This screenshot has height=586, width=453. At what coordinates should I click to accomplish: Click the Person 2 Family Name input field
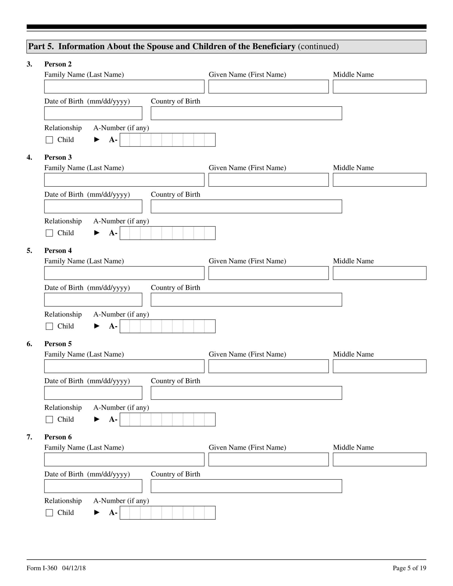click(x=124, y=86)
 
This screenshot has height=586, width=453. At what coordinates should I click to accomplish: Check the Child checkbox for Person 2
click(x=49, y=140)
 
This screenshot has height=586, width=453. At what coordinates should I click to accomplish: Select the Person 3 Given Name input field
click(x=268, y=180)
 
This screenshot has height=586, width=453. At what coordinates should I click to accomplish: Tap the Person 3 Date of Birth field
click(x=93, y=206)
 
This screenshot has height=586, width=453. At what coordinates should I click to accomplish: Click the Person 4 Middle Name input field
click(x=379, y=273)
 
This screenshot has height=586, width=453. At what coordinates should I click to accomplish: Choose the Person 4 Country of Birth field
click(x=246, y=299)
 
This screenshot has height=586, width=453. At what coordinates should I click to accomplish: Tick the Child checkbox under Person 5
click(x=49, y=419)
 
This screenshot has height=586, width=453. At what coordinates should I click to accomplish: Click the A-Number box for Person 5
click(x=167, y=419)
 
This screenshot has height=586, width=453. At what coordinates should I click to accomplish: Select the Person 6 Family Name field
click(x=124, y=459)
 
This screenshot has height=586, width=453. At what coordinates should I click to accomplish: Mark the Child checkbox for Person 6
click(x=49, y=513)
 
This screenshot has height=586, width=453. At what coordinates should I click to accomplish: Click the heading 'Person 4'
click(x=58, y=251)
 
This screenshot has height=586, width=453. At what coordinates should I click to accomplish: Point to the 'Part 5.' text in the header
click(x=41, y=46)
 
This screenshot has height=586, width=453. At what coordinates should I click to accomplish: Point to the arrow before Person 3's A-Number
click(x=97, y=233)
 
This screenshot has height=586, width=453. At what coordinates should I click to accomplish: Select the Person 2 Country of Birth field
click(x=246, y=113)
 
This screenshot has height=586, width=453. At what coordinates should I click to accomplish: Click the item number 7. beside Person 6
click(x=29, y=437)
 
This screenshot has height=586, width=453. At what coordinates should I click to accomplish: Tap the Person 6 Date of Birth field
click(x=93, y=486)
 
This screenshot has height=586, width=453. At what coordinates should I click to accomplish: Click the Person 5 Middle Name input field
click(x=379, y=366)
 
